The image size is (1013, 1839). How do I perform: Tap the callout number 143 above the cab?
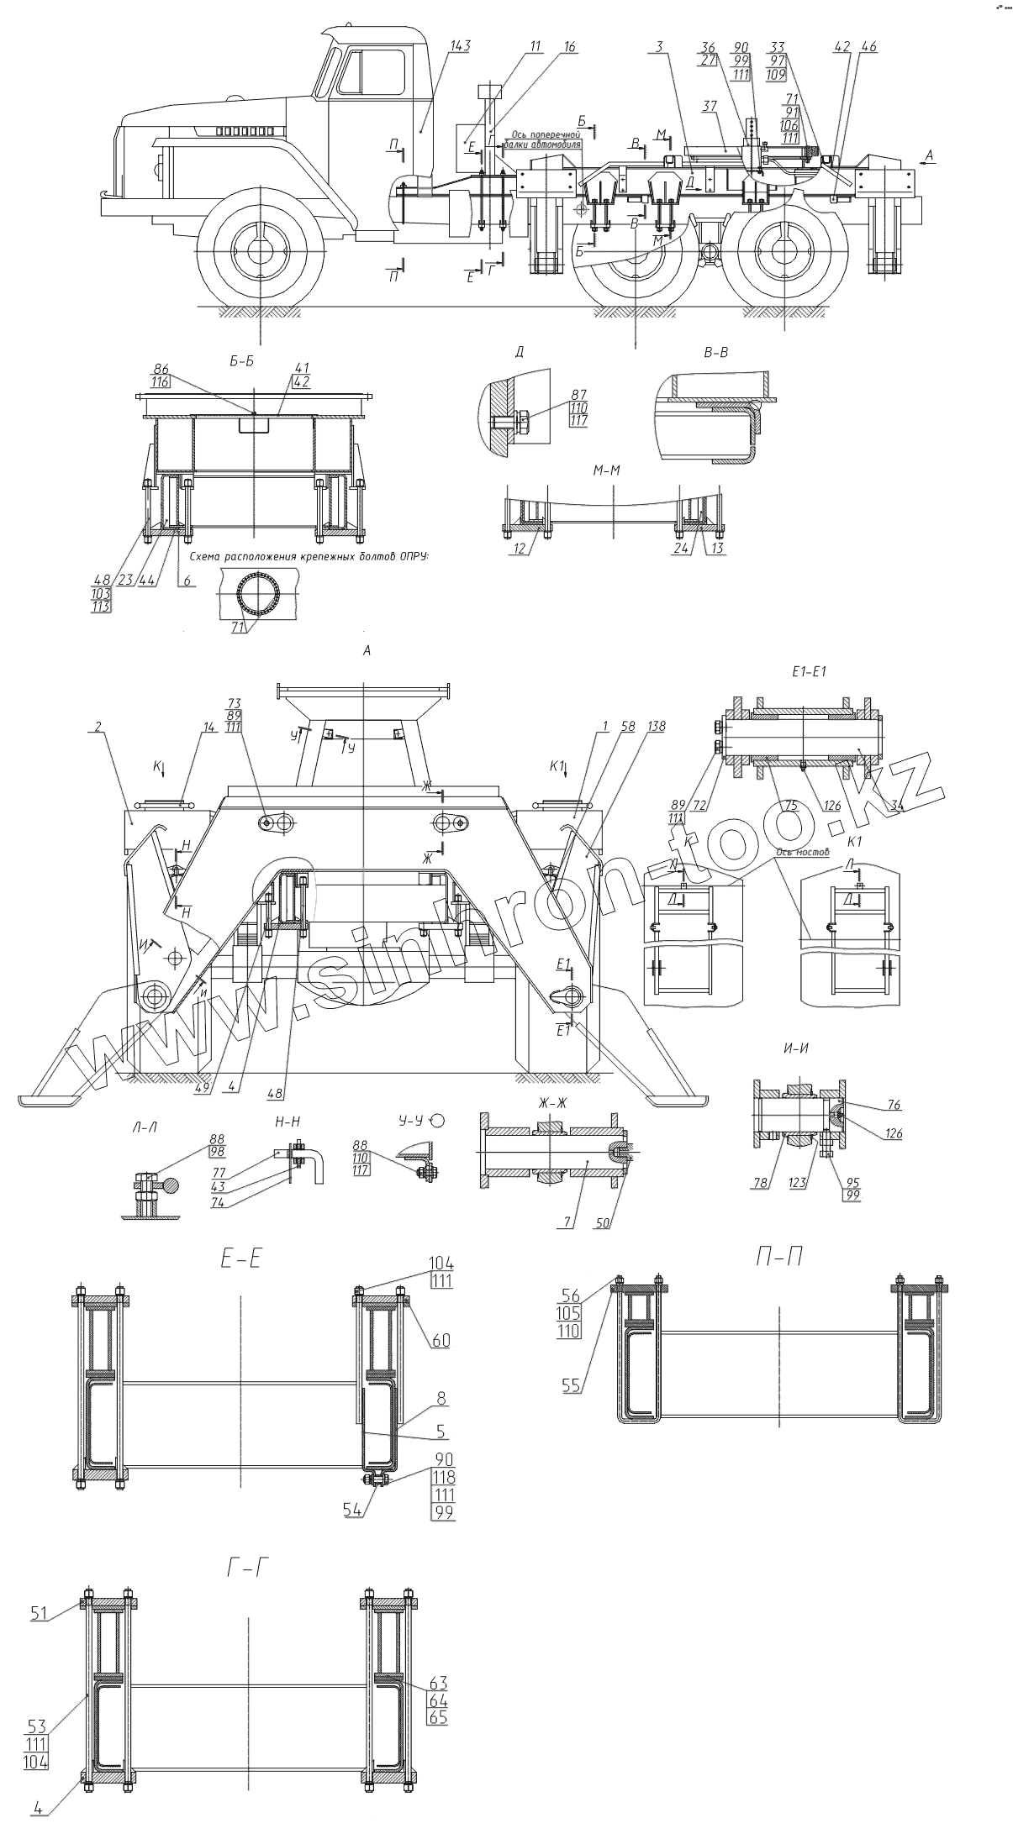point(460,46)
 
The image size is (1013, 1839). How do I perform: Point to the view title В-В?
point(715,354)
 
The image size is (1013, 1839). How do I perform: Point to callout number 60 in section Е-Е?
point(441,1340)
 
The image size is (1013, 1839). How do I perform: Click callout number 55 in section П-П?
point(572,1385)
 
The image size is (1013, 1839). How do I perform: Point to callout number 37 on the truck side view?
point(710,107)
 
